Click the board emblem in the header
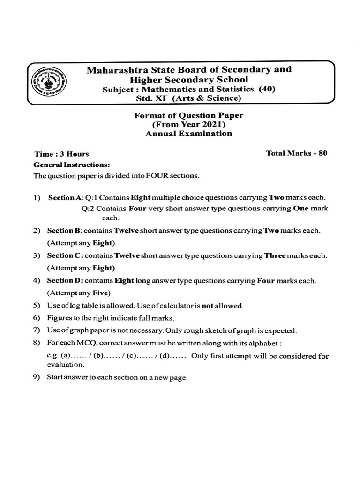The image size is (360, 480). [49, 82]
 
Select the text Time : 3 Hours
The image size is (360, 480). [61, 154]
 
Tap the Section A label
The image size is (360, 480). [65, 198]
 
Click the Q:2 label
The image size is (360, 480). [88, 209]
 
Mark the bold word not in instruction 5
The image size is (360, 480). [207, 306]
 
